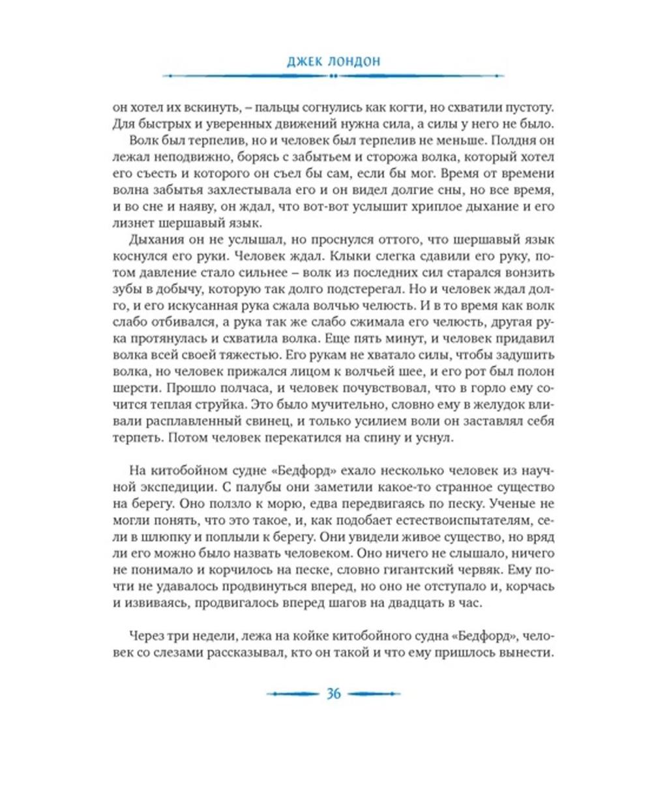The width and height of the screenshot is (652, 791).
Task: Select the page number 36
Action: tap(333, 694)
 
